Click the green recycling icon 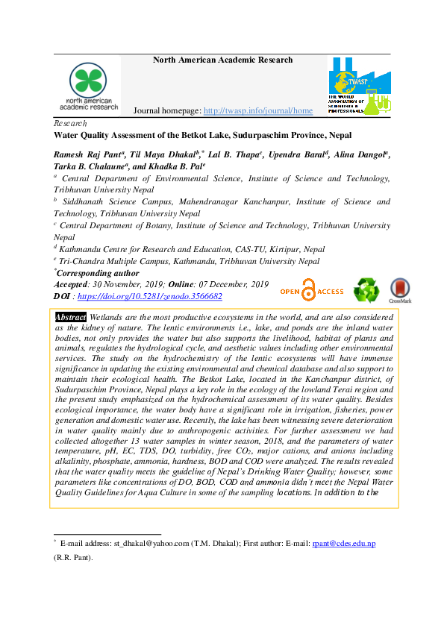pyautogui.click(x=366, y=290)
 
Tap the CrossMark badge pyautogui.click(x=400, y=291)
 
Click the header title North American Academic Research pyautogui.click(x=222, y=60)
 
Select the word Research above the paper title pyautogui.click(x=71, y=123)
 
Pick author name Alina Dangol pyautogui.click(x=361, y=154)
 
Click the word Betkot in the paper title pyautogui.click(x=187, y=136)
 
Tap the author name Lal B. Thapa pyautogui.click(x=234, y=154)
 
